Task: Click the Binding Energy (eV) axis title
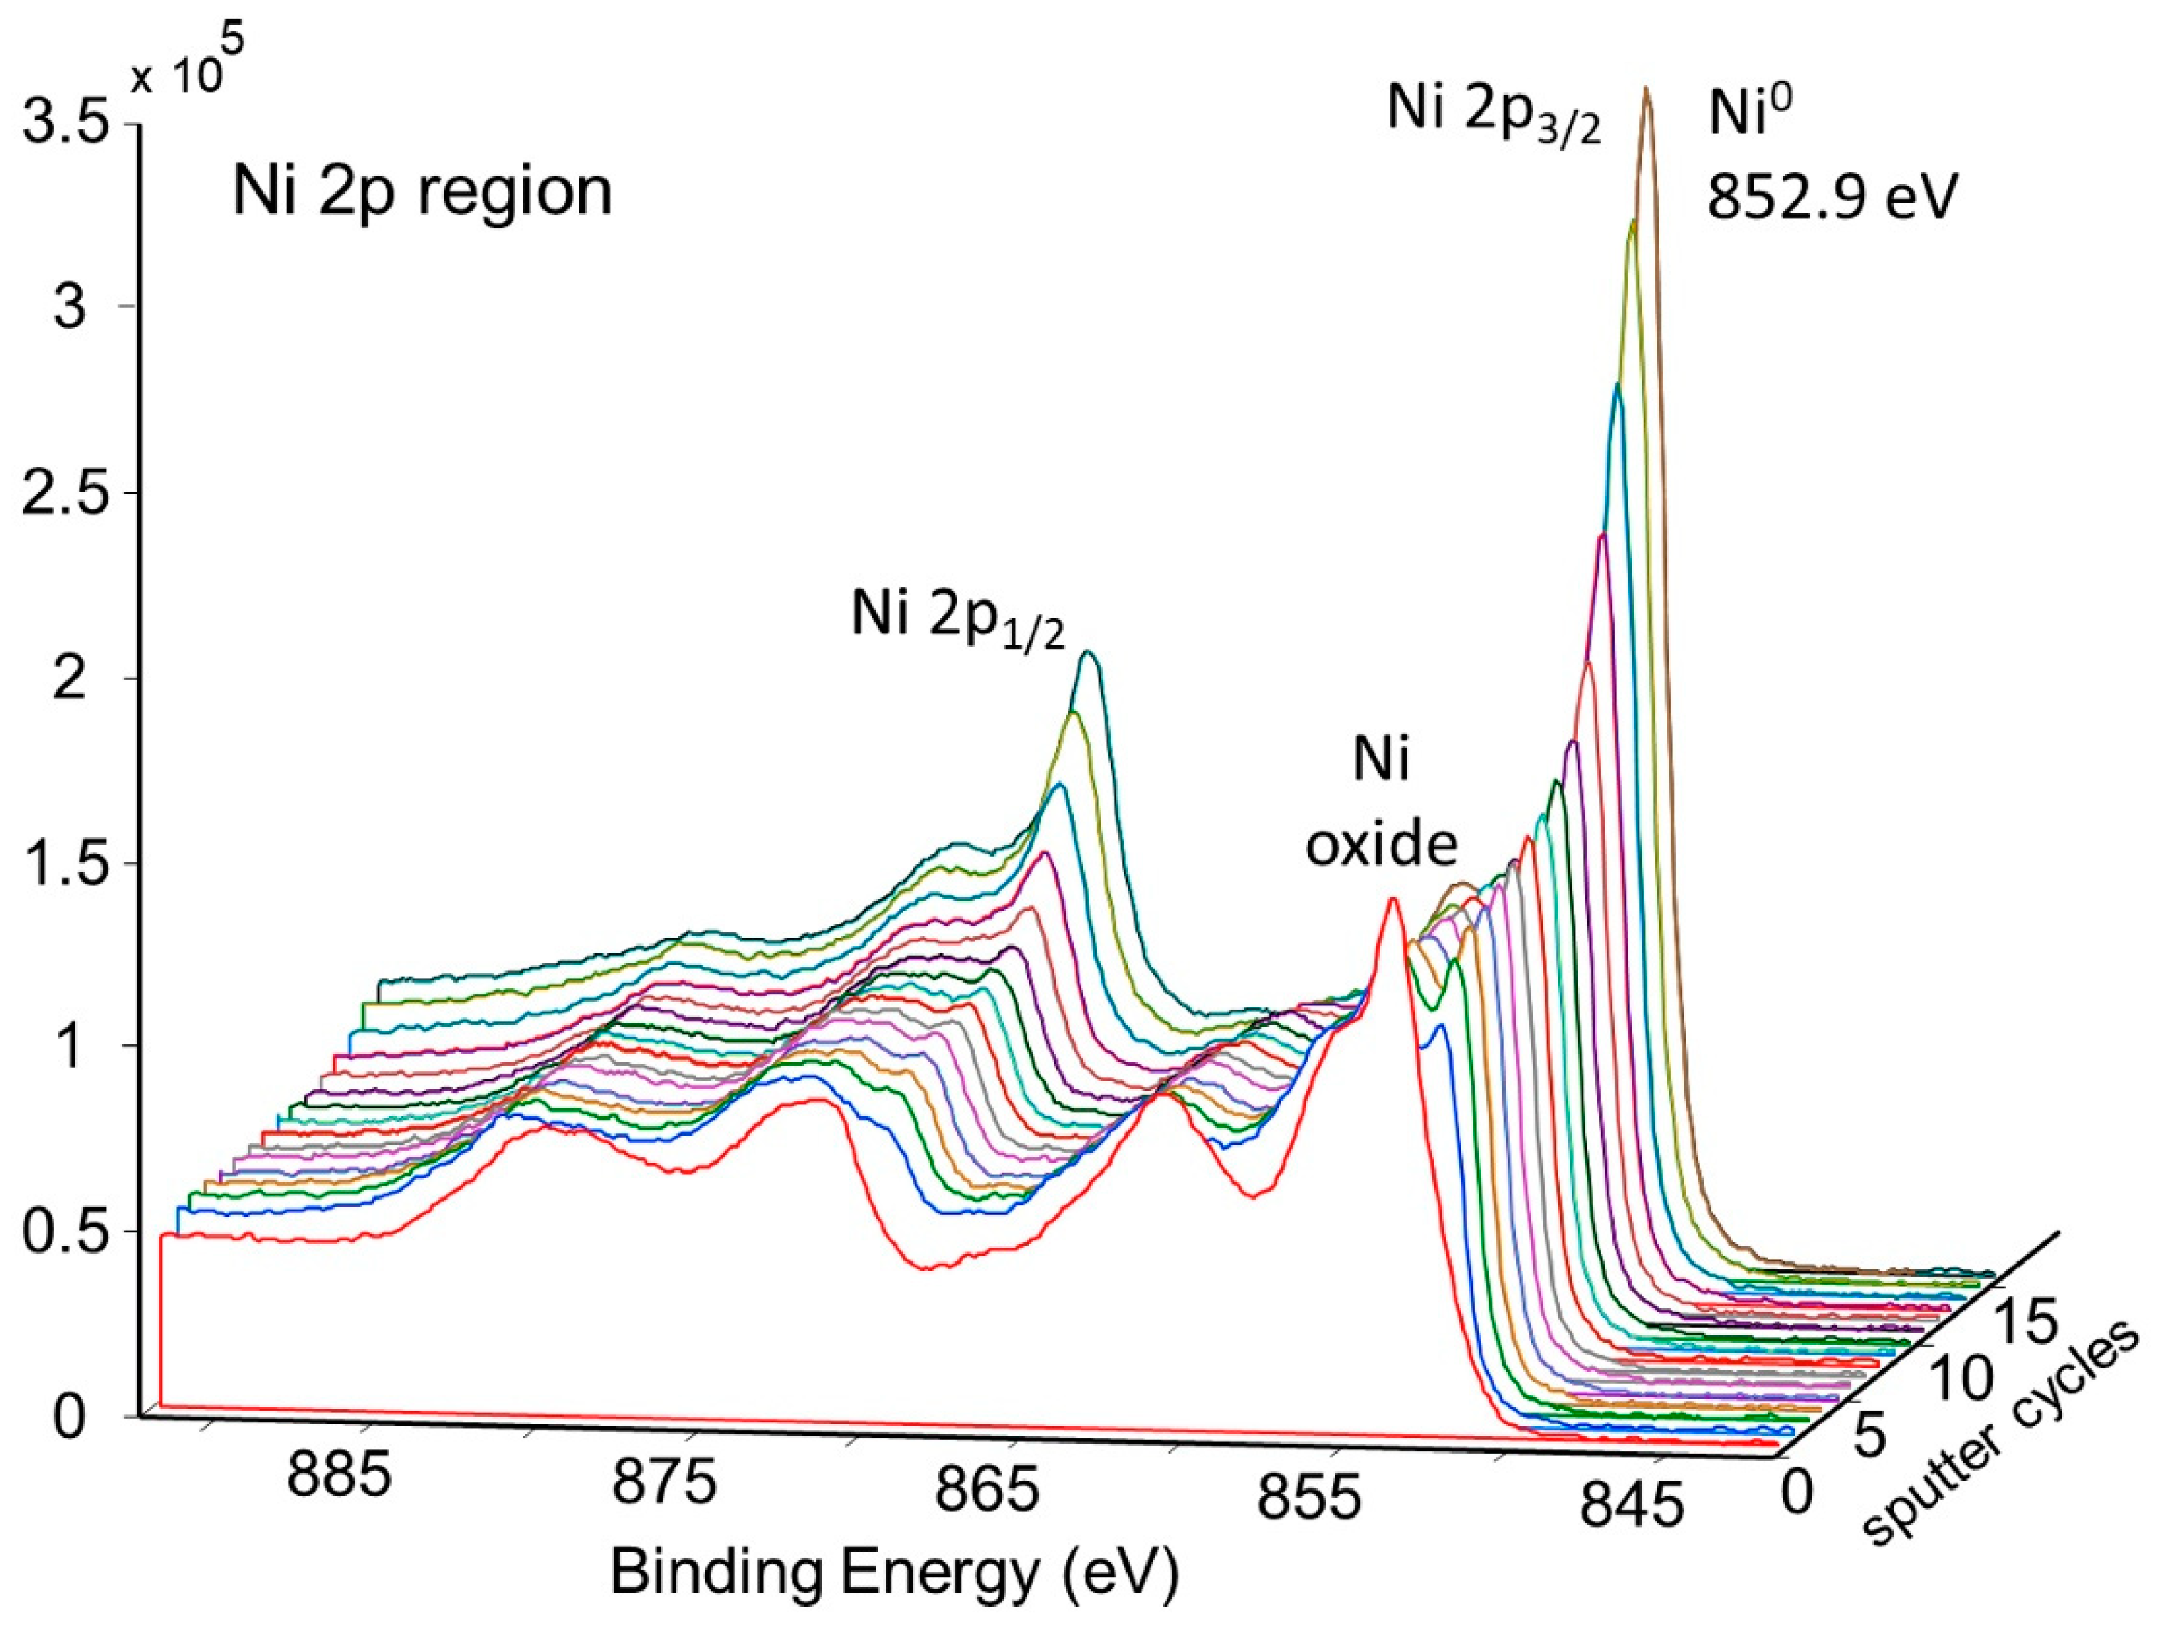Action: pos(894,1572)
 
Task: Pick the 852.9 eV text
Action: pos(1831,200)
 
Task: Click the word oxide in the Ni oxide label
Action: pos(1382,845)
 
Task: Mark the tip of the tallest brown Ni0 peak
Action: pos(1645,89)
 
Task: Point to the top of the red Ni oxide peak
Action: pos(1392,900)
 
